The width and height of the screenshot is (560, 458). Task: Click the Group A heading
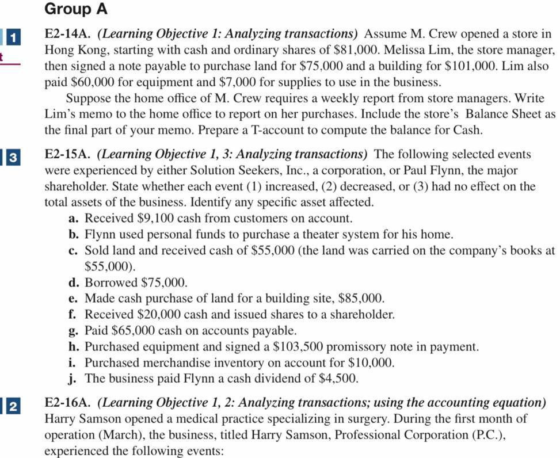75,10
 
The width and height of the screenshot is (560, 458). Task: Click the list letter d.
73,283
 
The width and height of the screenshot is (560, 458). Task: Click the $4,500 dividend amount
338,379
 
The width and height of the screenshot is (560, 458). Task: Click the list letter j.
73,379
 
